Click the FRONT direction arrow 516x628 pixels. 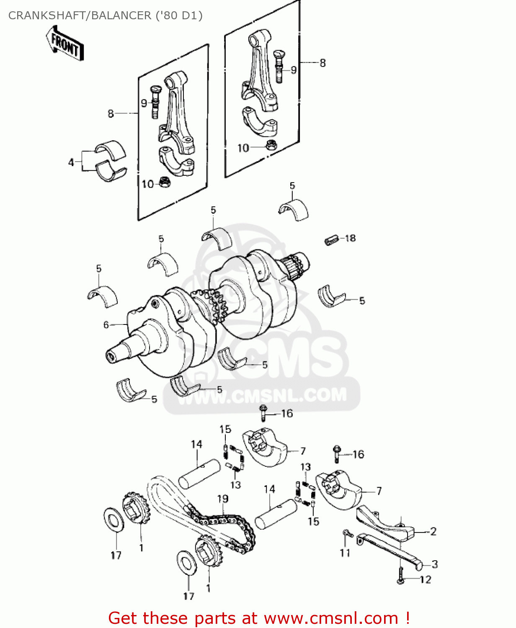(x=64, y=44)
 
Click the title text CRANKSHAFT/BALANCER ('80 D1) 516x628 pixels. (x=105, y=15)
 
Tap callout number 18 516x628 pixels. (x=350, y=238)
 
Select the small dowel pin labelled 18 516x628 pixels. (x=331, y=240)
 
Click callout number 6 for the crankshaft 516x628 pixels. (x=106, y=324)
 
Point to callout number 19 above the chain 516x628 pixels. (x=222, y=499)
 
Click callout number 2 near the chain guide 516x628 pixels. (x=433, y=531)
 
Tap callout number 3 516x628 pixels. (x=434, y=564)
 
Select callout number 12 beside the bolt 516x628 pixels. (x=425, y=579)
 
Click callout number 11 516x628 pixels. (x=345, y=553)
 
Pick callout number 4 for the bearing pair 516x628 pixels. (x=71, y=162)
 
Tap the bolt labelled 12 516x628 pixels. (x=400, y=575)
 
